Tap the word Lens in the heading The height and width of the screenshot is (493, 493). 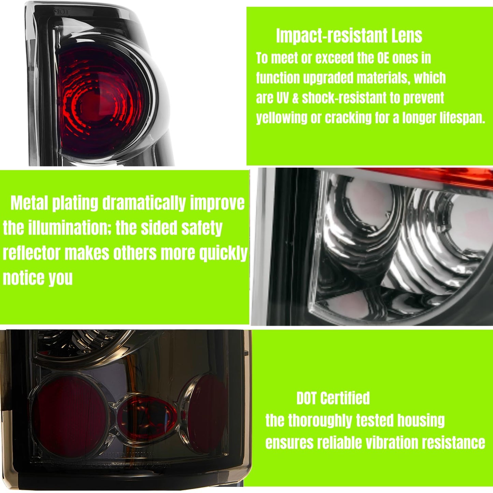[406, 36]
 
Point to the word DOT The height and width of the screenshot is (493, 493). [307, 398]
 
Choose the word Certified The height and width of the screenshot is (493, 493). [345, 398]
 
